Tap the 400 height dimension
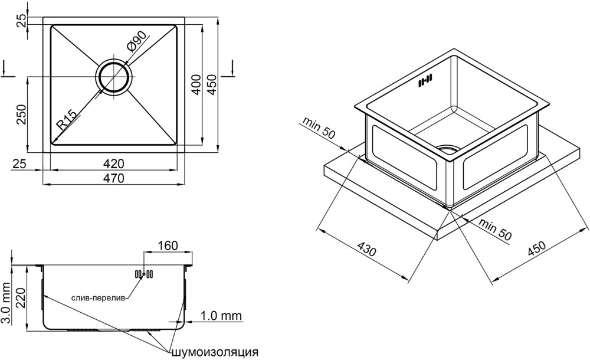(197, 86)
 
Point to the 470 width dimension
(113, 178)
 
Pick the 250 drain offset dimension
(21, 114)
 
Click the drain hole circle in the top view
(113, 77)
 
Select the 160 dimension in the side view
(168, 245)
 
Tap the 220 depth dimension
(21, 294)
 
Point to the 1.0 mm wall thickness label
(221, 316)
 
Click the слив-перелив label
(98, 298)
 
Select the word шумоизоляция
(215, 352)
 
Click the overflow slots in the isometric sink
(425, 81)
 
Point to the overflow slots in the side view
(144, 273)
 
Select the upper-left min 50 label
(319, 128)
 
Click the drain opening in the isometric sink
(449, 149)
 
